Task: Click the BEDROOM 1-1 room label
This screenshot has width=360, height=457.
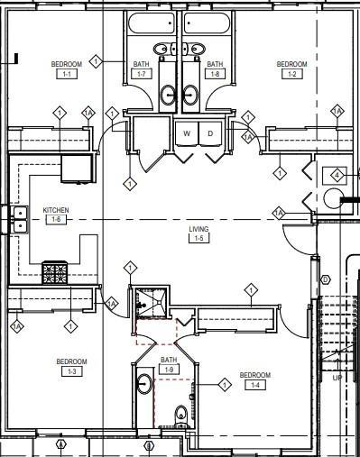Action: click(x=65, y=69)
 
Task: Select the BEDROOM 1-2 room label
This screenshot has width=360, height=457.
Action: click(x=291, y=69)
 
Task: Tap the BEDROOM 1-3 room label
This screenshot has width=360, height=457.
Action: click(x=71, y=366)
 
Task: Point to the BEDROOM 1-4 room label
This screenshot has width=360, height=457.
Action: click(x=254, y=379)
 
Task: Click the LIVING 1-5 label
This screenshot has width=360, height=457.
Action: click(x=198, y=234)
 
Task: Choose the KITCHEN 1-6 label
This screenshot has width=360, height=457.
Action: click(x=55, y=215)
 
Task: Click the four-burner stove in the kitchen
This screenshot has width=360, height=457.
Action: click(x=55, y=271)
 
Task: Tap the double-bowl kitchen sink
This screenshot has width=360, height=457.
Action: click(x=18, y=219)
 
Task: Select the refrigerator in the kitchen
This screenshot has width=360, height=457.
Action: click(x=77, y=168)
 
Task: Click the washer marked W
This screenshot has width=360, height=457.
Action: click(x=187, y=133)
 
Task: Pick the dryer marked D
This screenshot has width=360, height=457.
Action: click(x=210, y=133)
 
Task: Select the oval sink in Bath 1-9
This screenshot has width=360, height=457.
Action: click(x=144, y=385)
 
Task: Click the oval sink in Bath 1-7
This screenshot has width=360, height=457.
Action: click(x=169, y=93)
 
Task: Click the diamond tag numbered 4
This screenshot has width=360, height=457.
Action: click(x=337, y=174)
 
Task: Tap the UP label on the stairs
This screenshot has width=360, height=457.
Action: click(x=337, y=378)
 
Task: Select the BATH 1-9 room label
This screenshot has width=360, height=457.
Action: click(x=169, y=364)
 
